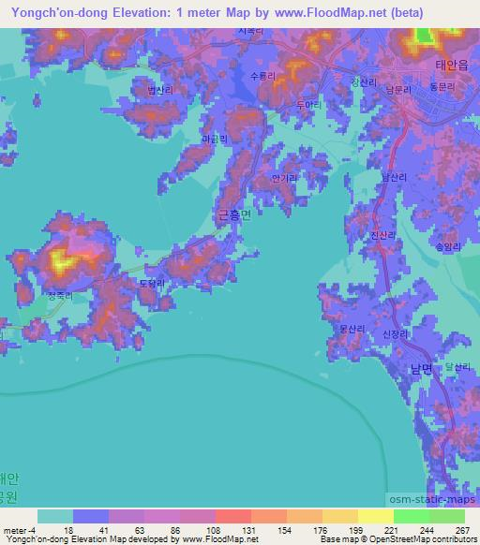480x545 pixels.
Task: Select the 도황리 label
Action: pos(152,282)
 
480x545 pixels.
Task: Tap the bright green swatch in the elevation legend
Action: pos(411,516)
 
